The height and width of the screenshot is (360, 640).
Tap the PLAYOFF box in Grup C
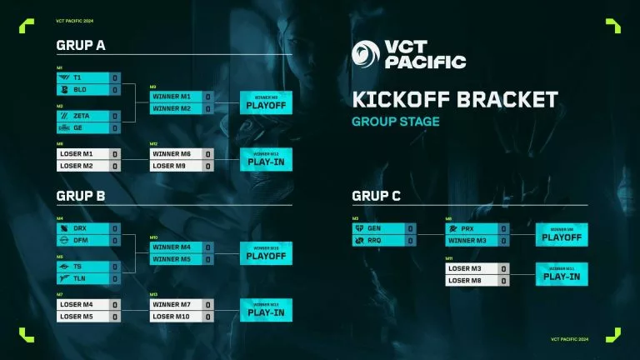coord(562,234)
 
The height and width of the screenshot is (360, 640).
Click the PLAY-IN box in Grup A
coord(267,159)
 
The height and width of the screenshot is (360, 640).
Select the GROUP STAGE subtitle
coord(395,122)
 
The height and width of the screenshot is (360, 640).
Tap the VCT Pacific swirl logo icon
coord(366,54)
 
